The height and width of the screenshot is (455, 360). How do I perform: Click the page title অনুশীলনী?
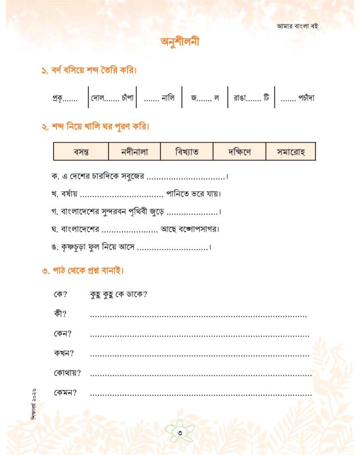point(180,43)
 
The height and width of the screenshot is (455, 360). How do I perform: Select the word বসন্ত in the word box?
point(79,152)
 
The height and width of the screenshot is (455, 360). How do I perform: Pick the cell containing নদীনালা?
point(133,152)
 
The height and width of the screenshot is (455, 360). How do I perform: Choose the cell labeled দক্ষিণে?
point(238,152)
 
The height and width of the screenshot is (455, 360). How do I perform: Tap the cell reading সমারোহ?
point(291,152)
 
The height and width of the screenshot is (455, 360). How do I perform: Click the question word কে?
point(60,295)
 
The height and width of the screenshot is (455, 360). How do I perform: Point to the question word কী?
point(60,314)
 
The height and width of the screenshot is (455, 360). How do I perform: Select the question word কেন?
point(62,334)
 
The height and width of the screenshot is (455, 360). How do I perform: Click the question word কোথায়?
point(67,373)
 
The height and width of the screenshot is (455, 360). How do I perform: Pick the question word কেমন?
point(65,392)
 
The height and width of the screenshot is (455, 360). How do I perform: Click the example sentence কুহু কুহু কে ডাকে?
point(119,295)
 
